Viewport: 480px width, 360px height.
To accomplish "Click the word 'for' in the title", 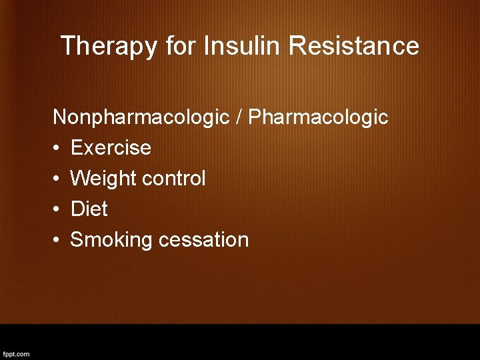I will click(181, 46).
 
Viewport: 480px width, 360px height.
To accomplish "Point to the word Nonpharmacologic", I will click(141, 117).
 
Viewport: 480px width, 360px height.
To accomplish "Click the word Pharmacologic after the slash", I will click(318, 117).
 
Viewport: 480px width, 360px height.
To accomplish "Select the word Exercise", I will click(111, 147).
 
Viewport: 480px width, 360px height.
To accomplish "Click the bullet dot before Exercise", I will click(57, 148).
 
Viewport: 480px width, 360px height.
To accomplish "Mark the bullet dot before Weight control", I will click(57, 179).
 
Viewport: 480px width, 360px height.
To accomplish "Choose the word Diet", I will click(89, 209).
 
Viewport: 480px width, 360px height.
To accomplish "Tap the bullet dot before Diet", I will click(57, 209).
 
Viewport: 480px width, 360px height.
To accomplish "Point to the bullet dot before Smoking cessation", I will click(57, 240).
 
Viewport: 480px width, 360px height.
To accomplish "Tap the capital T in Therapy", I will click(67, 46).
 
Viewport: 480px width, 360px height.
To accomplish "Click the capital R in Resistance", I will click(298, 46).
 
